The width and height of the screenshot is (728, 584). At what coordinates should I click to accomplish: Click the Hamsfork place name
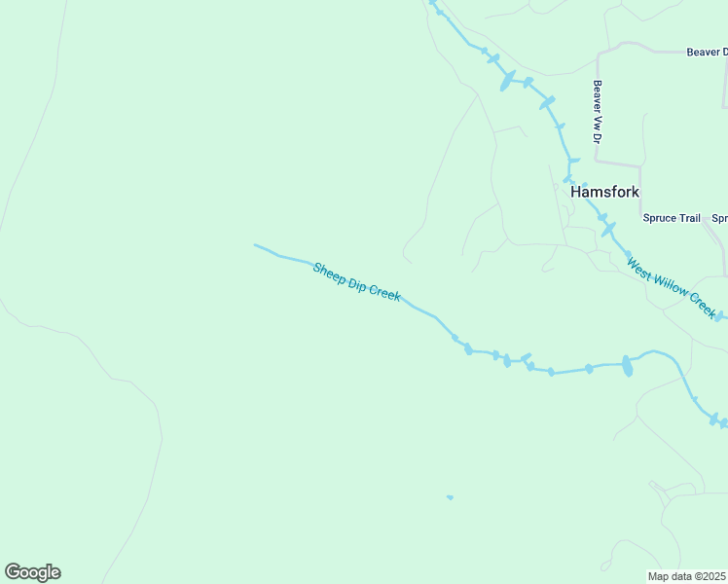(x=604, y=192)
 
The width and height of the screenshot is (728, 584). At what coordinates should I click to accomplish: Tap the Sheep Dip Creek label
(x=356, y=281)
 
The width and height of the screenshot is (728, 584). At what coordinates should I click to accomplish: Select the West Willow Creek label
(x=672, y=286)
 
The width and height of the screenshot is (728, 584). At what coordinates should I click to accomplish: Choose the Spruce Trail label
(x=672, y=218)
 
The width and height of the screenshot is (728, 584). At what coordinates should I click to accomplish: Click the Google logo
(x=33, y=572)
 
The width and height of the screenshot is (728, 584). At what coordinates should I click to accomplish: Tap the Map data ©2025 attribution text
(x=687, y=576)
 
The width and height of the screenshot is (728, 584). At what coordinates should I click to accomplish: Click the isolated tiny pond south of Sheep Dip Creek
(x=450, y=497)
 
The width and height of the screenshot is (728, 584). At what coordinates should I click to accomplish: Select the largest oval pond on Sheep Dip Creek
(x=627, y=366)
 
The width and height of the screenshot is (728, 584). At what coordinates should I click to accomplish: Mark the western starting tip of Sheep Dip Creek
(x=255, y=245)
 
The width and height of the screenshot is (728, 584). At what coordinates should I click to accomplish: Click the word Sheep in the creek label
(x=329, y=272)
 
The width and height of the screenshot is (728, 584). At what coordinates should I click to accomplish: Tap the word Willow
(x=671, y=285)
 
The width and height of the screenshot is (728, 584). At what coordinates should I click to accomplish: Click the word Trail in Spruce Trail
(x=688, y=218)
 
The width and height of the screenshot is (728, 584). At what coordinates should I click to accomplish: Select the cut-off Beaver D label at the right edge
(x=707, y=53)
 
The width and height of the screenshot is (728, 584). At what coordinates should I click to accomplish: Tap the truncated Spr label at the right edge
(x=719, y=218)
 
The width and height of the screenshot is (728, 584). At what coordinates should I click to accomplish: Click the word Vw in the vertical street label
(x=598, y=116)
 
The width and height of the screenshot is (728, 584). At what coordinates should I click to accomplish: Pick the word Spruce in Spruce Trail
(x=659, y=218)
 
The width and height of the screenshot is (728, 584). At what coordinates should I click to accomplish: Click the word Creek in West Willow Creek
(x=703, y=307)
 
